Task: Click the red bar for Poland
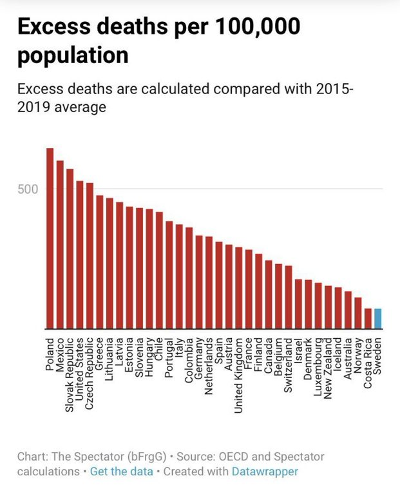(x=50, y=238)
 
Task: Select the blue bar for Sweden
(x=377, y=318)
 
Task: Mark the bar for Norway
(x=358, y=312)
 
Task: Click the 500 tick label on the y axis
(x=30, y=189)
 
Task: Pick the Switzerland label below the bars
(x=289, y=364)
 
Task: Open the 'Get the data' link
(x=121, y=471)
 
